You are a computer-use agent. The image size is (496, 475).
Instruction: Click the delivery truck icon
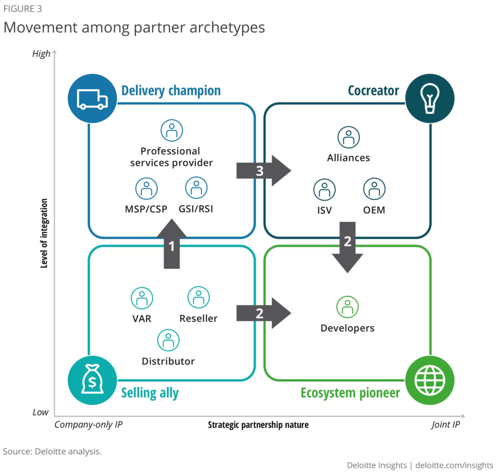[92, 99]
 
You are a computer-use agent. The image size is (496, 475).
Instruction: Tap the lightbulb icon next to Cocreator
[430, 99]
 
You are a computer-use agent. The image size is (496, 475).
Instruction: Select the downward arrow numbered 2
[347, 246]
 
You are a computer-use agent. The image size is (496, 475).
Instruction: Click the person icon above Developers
[347, 306]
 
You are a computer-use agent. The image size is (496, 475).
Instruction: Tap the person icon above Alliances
[348, 138]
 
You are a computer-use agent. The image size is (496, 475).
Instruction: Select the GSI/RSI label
[196, 210]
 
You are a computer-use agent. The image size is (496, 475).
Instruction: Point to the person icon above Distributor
[168, 340]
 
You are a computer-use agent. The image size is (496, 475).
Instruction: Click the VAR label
[142, 319]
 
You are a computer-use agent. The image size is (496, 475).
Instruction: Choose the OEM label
[374, 211]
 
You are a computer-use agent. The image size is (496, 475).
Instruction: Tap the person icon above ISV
[324, 190]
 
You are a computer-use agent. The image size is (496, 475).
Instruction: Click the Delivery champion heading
[171, 91]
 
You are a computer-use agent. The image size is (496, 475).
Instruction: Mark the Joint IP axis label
[446, 425]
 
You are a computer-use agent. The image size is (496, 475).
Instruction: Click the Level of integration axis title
[44, 233]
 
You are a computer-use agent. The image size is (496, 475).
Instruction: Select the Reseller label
[199, 319]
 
